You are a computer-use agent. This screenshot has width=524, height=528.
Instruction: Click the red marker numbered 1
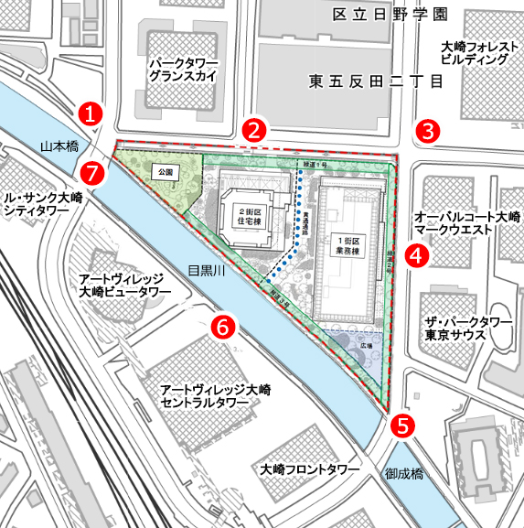tap(90, 113)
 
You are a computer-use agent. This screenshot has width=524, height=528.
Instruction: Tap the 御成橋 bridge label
tap(404, 474)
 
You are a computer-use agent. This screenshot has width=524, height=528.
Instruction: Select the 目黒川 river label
tap(207, 270)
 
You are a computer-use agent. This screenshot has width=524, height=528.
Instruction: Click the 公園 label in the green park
tap(165, 170)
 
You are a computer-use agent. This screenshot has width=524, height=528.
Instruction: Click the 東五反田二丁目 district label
tap(376, 81)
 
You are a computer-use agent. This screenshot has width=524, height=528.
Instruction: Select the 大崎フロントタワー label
tap(308, 469)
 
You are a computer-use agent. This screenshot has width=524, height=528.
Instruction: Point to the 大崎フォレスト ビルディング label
tap(474, 52)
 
